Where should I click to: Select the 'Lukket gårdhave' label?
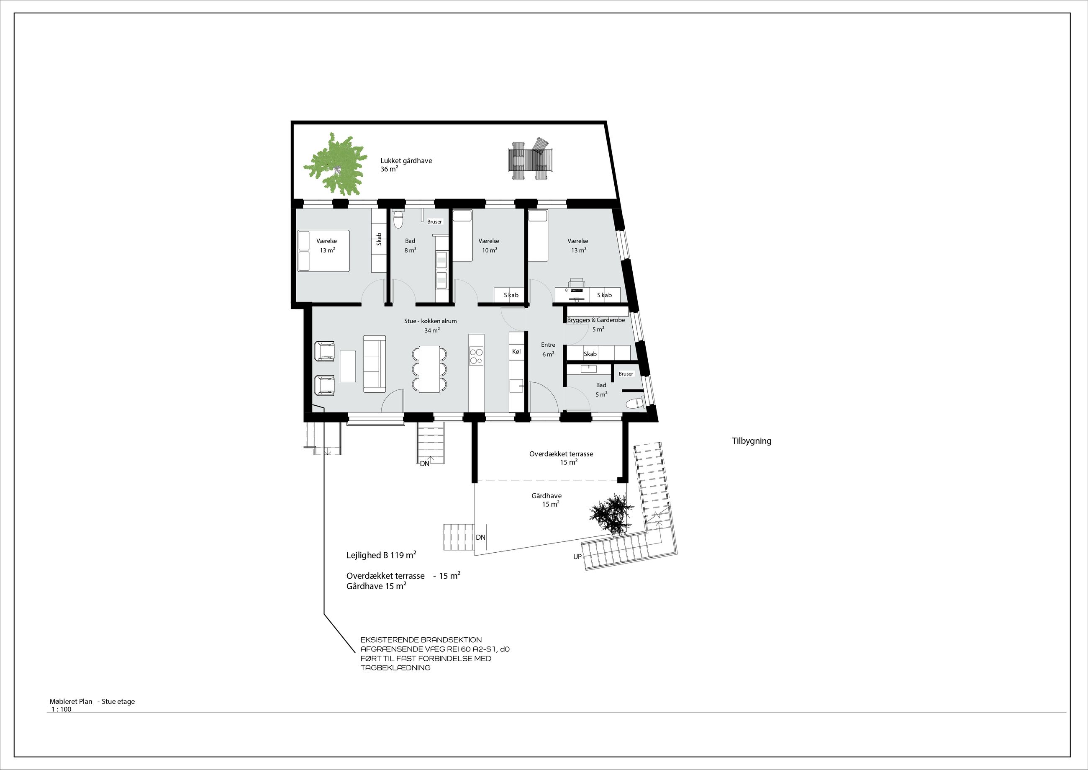click(406, 161)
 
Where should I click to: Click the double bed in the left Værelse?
click(323, 251)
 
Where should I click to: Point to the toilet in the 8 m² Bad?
click(398, 219)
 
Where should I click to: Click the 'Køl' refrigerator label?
click(516, 351)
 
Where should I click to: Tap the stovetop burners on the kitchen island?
click(476, 356)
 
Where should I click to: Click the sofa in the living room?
click(375, 364)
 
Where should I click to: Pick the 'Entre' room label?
click(548, 345)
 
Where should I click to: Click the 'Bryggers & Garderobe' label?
click(596, 320)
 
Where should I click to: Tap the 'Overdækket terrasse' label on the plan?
click(561, 454)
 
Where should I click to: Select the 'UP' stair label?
click(577, 556)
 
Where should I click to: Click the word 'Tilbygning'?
click(752, 441)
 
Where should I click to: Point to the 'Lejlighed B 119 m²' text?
click(382, 555)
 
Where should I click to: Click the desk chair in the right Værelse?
click(577, 283)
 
